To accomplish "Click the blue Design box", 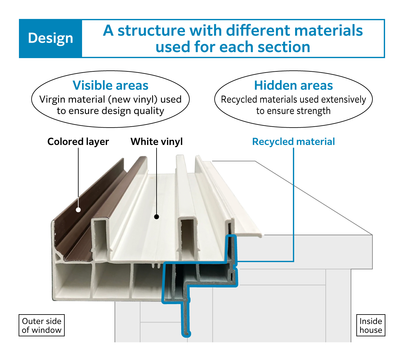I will click(x=50, y=39).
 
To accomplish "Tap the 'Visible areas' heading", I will click(x=110, y=86).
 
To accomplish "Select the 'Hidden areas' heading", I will click(x=294, y=86).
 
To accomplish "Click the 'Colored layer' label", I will click(x=78, y=142).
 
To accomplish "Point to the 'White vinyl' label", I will click(x=157, y=142).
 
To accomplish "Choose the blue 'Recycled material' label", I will click(x=294, y=142).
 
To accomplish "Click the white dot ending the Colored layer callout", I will click(x=78, y=210).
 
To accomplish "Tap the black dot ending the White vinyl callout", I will click(x=157, y=217).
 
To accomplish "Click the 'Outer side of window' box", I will click(x=42, y=325).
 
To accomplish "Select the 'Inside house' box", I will click(x=371, y=325).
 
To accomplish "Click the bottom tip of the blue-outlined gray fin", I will click(x=187, y=333).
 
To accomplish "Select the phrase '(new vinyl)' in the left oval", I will click(x=133, y=99).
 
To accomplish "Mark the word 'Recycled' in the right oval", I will click(x=240, y=99).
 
